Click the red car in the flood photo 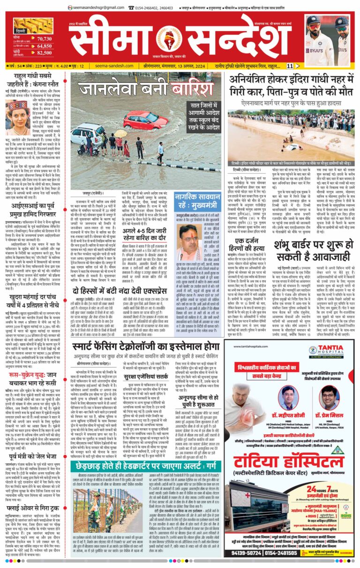pyautogui.click(x=139, y=119)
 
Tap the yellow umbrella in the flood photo pyautogui.click(x=120, y=133)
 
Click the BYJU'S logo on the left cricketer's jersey pyautogui.click(x=313, y=49)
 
